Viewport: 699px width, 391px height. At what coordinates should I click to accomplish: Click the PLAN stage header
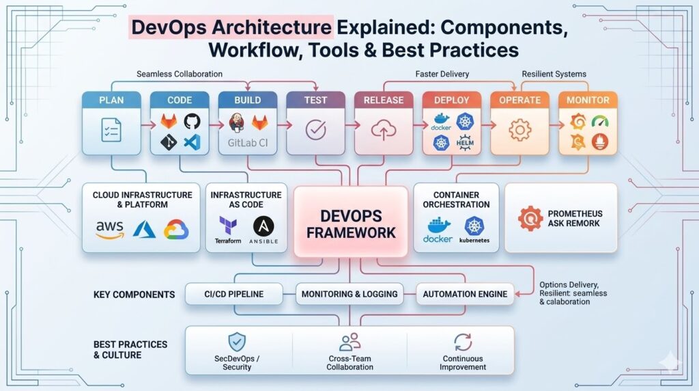point(111,100)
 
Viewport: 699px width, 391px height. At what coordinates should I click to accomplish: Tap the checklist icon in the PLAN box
point(111,130)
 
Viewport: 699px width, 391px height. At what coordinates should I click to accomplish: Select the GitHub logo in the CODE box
point(191,121)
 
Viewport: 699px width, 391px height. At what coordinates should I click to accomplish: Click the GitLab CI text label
point(248,144)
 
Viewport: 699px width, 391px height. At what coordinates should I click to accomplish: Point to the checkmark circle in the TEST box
point(315,130)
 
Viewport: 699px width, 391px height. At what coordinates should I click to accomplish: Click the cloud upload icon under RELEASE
point(384,130)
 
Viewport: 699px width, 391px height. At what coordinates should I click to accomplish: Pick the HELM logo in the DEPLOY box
point(465,142)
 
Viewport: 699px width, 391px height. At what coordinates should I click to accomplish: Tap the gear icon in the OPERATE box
point(520,130)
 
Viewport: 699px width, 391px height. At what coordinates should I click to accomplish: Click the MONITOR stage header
point(588,100)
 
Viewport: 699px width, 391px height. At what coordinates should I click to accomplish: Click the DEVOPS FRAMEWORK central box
point(350,222)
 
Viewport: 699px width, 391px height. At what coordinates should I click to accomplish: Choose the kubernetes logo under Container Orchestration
point(474,229)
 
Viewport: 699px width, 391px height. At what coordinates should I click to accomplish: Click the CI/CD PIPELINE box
point(233,294)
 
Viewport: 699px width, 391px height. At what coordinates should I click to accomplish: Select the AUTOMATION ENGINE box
point(465,294)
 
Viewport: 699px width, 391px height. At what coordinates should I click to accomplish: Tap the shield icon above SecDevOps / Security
point(237,342)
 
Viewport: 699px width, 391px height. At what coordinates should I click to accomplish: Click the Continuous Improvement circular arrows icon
point(463,342)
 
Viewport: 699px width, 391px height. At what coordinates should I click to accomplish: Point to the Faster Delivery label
point(442,74)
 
